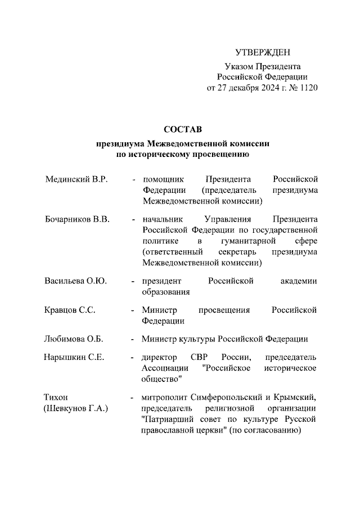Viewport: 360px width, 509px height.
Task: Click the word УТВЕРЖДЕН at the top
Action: pyautogui.click(x=263, y=53)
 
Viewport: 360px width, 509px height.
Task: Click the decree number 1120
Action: pyautogui.click(x=307, y=88)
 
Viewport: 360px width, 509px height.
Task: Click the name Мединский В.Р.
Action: pyautogui.click(x=75, y=179)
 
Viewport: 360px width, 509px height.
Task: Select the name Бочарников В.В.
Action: pyautogui.click(x=76, y=219)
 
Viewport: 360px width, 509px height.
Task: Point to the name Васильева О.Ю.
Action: pyautogui.click(x=75, y=281)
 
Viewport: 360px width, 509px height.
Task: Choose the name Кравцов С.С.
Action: pyautogui.click(x=70, y=310)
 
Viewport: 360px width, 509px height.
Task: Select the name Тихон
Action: pyautogui.click(x=56, y=398)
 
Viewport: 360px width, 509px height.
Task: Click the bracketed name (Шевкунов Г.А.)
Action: pyautogui.click(x=76, y=409)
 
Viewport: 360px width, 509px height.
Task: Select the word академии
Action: pyautogui.click(x=299, y=281)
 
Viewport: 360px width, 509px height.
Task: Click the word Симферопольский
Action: pyautogui.click(x=231, y=398)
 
